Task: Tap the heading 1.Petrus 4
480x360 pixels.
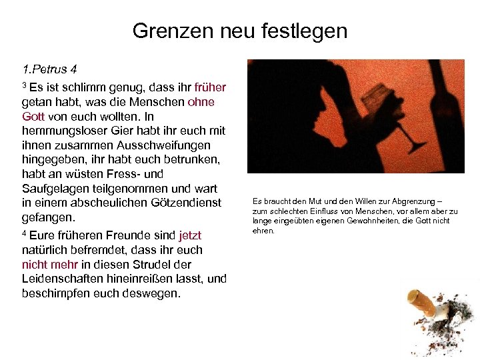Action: (50, 69)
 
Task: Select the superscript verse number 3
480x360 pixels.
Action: (24, 85)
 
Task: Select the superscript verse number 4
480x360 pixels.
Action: (24, 234)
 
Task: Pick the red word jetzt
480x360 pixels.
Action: (190, 235)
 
